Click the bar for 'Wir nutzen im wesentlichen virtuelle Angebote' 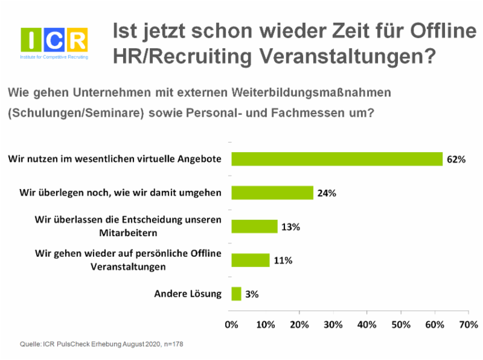337,159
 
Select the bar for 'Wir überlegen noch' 272,193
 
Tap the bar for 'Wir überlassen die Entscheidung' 254,227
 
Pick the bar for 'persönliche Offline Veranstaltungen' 250,260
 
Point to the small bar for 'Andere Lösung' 236,294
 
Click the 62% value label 456,159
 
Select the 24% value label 327,193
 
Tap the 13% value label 290,227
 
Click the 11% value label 283,261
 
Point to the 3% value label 252,295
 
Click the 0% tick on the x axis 231,324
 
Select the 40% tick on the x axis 367,324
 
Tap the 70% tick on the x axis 469,324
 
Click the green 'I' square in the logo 31,40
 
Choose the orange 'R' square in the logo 77,40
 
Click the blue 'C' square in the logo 54,40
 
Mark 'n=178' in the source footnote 171,344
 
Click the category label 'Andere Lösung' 188,294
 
